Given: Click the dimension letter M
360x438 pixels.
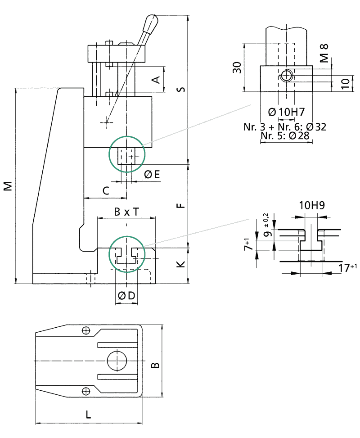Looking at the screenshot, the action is click(x=8, y=186).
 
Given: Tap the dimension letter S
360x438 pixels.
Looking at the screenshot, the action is click(x=181, y=90).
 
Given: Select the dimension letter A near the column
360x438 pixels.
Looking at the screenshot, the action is click(x=156, y=80).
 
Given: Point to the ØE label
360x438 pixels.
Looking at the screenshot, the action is click(x=152, y=175).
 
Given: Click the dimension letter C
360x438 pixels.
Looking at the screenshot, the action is click(x=106, y=191).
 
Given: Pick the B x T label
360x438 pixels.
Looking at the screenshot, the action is click(x=126, y=212).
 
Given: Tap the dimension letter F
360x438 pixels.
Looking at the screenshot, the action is click(x=181, y=206).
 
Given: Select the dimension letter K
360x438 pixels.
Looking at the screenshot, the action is click(x=181, y=264).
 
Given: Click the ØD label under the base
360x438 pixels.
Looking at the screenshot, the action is click(x=126, y=296).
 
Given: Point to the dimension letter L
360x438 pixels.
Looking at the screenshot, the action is click(x=88, y=415).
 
